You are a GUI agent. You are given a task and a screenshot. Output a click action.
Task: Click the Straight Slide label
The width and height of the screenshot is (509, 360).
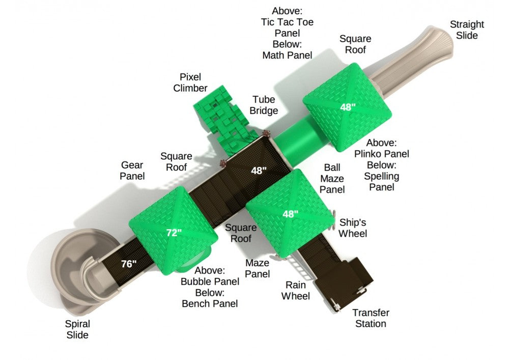coord(467,30)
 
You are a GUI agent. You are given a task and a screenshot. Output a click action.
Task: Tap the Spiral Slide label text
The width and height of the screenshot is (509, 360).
coord(77,329)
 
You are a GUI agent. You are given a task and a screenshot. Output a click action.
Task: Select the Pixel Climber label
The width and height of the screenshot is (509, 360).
coord(190,82)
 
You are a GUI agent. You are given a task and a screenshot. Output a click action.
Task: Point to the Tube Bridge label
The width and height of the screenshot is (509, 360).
coord(264,105)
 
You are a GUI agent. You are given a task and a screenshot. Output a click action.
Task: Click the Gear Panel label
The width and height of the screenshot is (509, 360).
coord(132,171)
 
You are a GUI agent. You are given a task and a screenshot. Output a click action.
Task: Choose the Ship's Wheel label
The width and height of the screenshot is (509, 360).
coord(353,228)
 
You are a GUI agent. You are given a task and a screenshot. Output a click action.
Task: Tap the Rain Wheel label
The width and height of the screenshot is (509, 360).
coord(295,290)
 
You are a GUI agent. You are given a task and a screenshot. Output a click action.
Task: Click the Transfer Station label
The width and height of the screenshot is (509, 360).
coord(371,318)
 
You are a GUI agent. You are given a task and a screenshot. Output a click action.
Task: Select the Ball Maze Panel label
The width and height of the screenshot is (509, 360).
coord(332,179)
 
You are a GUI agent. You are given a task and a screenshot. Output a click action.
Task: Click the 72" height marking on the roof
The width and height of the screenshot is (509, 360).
coord(174,233)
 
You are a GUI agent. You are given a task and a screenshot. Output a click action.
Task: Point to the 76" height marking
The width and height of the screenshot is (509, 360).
coord(129,264)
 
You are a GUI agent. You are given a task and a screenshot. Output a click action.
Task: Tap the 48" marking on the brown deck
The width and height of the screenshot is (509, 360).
coord(259,171)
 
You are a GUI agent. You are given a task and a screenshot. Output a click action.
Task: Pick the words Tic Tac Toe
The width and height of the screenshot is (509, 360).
coord(287,22)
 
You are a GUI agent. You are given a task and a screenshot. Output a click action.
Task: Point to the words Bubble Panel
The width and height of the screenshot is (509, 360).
coord(210,282)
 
